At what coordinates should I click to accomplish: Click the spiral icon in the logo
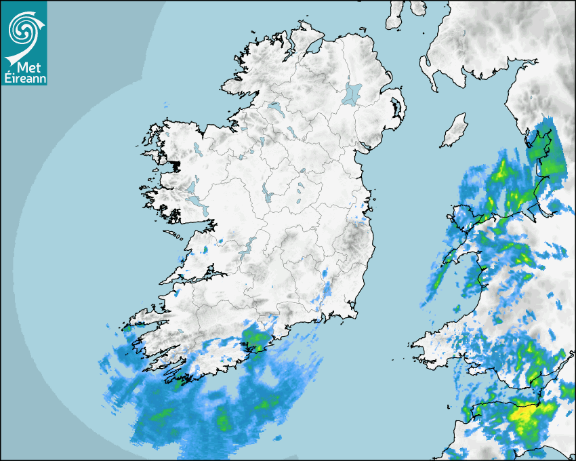24,28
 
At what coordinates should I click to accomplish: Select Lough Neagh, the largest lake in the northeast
352,93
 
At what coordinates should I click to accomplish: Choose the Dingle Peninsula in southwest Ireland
146,318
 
